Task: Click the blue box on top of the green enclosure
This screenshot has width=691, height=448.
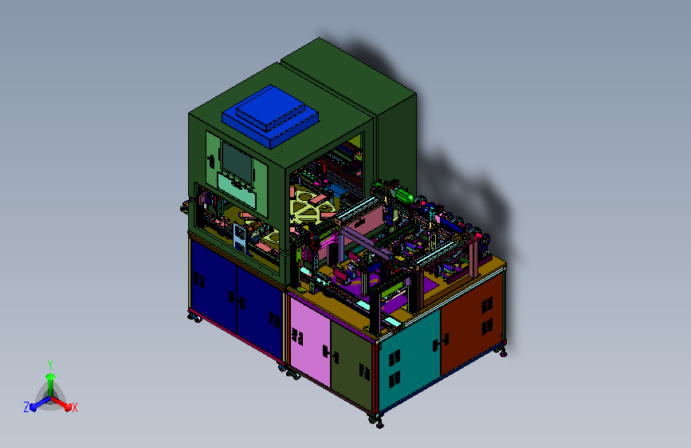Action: (270, 116)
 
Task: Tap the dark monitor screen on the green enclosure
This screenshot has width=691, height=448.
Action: (237, 163)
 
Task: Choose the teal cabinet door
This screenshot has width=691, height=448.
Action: (410, 358)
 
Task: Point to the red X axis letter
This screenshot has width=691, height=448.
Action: (74, 407)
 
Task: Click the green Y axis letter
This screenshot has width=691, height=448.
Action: (50, 364)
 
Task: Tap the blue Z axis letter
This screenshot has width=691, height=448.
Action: (26, 407)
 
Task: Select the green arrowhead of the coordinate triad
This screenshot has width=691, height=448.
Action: (51, 377)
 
